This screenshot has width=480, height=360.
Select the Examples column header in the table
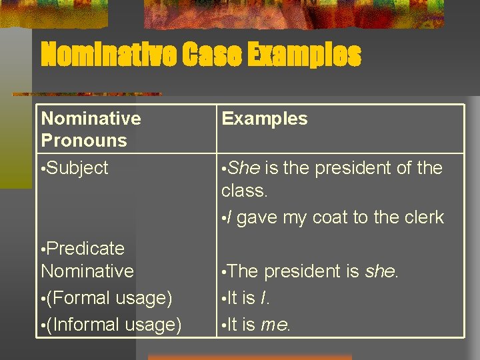tap(265, 119)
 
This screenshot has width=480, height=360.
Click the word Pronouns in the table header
tap(84, 141)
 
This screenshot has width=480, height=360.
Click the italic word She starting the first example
tap(243, 168)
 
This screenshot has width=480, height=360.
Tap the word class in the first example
tap(243, 191)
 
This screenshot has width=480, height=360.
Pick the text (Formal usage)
tap(109, 298)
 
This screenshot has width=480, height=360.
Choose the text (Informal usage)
tap(114, 325)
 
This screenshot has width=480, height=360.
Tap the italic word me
tap(275, 325)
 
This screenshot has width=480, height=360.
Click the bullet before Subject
tap(43, 169)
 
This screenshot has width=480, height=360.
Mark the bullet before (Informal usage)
tap(43, 325)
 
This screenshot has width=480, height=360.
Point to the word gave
tap(257, 217)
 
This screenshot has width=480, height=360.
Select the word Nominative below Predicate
tap(87, 271)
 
